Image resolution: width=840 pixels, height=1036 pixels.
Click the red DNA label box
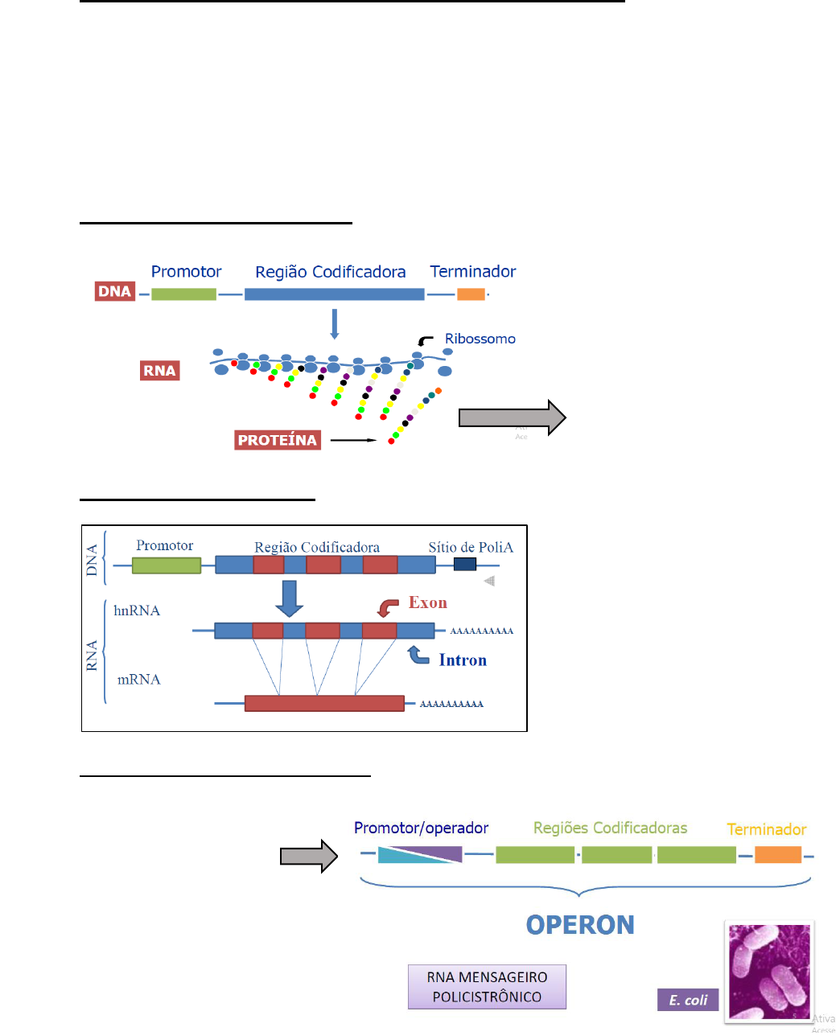click(115, 291)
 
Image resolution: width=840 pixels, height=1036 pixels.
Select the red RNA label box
click(159, 371)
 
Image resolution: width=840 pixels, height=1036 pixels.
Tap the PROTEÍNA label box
click(278, 440)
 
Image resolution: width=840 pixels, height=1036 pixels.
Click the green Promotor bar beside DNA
click(183, 294)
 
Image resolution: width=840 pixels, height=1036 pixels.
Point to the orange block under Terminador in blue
click(471, 294)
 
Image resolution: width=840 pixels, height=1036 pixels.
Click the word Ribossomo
click(480, 339)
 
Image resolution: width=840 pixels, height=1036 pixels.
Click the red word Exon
click(427, 602)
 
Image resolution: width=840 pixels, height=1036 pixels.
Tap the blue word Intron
click(463, 660)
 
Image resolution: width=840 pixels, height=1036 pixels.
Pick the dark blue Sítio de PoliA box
click(465, 564)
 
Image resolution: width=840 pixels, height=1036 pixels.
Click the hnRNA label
click(137, 610)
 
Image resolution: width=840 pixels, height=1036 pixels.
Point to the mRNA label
click(139, 680)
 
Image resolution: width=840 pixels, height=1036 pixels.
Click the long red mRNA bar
click(324, 704)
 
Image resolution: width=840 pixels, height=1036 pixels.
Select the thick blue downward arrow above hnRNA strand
click(289, 598)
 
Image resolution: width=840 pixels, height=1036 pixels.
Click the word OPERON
click(580, 925)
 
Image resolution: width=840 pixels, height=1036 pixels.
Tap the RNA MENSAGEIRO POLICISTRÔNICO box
click(487, 987)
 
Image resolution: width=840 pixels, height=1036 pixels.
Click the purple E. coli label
click(688, 1000)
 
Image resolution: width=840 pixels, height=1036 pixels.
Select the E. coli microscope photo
click(769, 972)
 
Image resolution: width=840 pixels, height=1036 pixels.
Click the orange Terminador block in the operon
click(777, 855)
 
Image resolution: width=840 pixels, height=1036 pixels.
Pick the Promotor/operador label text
click(421, 828)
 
